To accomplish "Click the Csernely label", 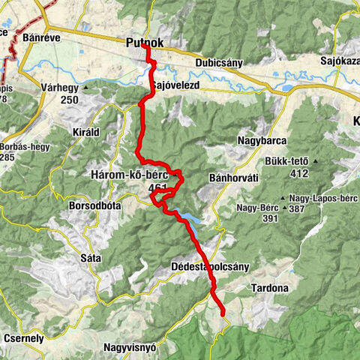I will tap(22, 338).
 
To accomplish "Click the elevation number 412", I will tap(299, 173).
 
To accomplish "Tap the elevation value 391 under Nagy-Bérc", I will tap(270, 218).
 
